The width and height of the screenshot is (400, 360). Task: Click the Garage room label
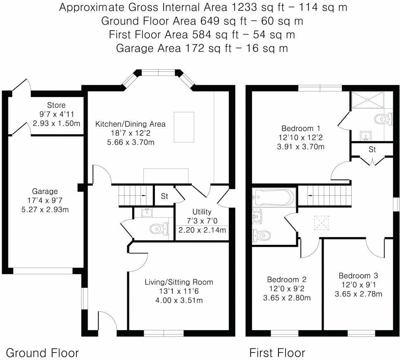point(45,192)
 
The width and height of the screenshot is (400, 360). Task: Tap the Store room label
point(56,105)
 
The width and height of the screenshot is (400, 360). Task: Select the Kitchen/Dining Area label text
point(130,124)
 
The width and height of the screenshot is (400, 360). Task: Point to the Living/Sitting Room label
point(179,282)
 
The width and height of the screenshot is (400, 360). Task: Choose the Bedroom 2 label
point(286,279)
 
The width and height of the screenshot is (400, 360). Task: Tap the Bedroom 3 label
point(358,276)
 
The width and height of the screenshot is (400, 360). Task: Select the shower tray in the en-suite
point(367,99)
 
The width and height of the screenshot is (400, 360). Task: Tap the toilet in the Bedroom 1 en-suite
point(383,119)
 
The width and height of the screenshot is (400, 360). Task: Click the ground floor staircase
point(133,195)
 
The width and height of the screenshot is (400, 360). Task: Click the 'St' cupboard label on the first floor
point(372,150)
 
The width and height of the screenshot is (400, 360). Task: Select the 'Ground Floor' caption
point(42,353)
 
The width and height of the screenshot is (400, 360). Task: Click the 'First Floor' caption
point(277,353)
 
